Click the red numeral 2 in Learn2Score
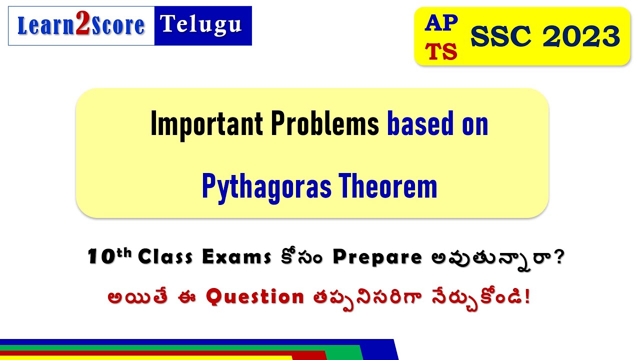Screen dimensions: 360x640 click(x=82, y=26)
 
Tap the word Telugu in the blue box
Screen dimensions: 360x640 click(x=201, y=24)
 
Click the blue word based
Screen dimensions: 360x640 click(x=422, y=124)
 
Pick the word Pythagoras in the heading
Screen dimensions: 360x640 click(x=266, y=186)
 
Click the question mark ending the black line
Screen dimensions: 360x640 click(x=559, y=257)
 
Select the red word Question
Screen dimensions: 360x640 click(x=255, y=297)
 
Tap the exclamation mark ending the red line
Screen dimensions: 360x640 click(x=528, y=297)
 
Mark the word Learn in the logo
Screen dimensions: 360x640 click(x=46, y=26)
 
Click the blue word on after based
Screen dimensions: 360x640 click(x=474, y=124)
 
